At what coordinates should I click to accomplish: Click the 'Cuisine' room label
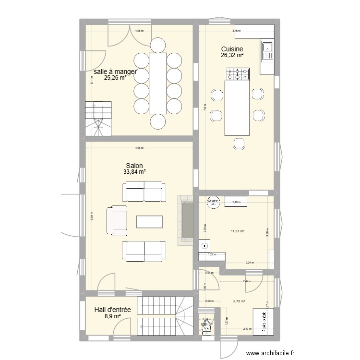(232, 49)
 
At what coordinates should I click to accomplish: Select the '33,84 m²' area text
(134, 171)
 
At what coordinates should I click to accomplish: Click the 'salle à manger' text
(115, 72)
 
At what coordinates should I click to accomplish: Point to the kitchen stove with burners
(238, 74)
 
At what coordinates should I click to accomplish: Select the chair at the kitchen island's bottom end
(238, 143)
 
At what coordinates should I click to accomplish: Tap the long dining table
(158, 83)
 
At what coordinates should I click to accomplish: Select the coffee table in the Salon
(149, 221)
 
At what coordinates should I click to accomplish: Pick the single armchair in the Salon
(116, 221)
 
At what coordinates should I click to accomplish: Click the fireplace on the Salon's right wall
(185, 220)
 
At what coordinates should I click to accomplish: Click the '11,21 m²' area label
(237, 231)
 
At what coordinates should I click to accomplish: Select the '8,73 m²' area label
(239, 301)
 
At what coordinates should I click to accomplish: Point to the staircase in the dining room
(98, 119)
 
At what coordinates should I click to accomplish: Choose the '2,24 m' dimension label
(250, 263)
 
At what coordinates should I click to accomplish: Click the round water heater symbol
(205, 246)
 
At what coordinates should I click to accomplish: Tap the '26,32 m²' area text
(232, 55)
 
